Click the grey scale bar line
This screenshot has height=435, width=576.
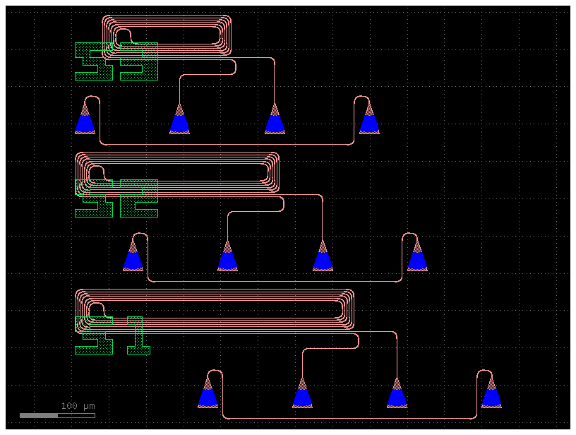(x=56, y=415)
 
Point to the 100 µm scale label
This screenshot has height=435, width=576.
(x=78, y=406)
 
